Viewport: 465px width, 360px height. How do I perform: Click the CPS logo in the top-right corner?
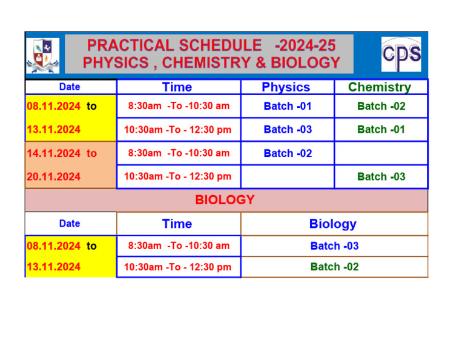[401, 54]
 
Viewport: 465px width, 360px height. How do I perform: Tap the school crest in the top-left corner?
[42, 55]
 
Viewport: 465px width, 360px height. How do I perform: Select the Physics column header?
[286, 87]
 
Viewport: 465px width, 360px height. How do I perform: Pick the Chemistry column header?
[380, 87]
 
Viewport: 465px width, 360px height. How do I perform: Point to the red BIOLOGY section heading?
[225, 200]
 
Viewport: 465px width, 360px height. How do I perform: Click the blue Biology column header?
[332, 224]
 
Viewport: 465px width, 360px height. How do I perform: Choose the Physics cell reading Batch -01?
[288, 106]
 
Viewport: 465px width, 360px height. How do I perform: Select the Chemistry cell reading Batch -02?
[381, 106]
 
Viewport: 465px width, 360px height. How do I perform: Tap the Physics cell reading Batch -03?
[288, 129]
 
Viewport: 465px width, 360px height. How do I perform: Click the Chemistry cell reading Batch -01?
[381, 129]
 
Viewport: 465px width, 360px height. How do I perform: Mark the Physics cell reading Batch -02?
[288, 153]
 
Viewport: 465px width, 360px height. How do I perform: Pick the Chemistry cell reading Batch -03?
[381, 176]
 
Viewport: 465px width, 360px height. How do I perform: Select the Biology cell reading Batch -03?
[334, 245]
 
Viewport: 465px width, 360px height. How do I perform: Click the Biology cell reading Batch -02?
[334, 267]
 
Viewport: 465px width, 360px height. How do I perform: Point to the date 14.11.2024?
[54, 153]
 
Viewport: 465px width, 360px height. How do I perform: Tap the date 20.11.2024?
[54, 176]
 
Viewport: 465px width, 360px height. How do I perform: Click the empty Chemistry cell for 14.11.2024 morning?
[381, 153]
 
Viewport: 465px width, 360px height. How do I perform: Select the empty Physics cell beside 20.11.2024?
[288, 176]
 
